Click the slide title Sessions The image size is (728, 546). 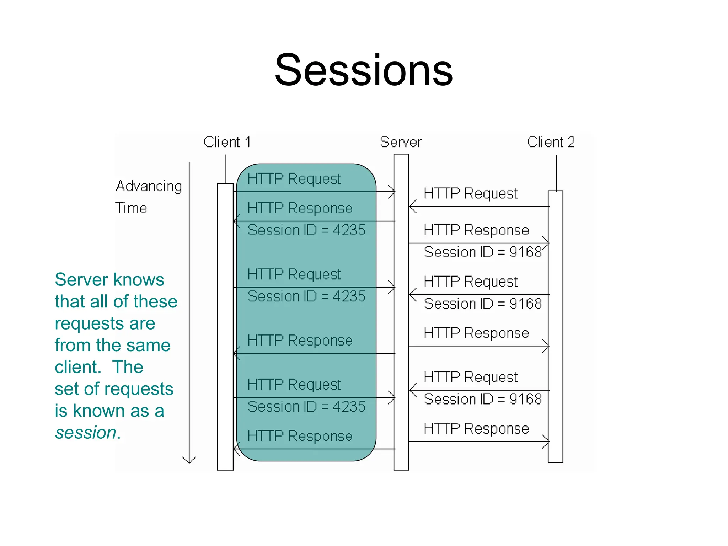[x=364, y=70]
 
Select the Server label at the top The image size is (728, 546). [x=401, y=142]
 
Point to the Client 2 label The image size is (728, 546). [x=551, y=142]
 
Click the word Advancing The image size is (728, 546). [x=149, y=186]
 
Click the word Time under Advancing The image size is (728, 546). [x=131, y=208]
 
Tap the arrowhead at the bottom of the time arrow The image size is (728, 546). [x=189, y=461]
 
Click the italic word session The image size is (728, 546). [x=86, y=433]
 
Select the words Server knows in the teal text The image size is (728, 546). [x=109, y=279]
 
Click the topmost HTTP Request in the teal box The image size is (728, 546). [x=294, y=179]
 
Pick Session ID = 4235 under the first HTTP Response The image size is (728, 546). [x=306, y=230]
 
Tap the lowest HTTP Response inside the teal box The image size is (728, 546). [x=300, y=436]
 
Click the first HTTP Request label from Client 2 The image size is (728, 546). [x=471, y=194]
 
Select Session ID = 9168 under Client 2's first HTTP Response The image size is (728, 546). [x=483, y=252]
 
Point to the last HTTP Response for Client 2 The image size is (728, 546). [x=476, y=429]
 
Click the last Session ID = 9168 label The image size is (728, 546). [x=483, y=399]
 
